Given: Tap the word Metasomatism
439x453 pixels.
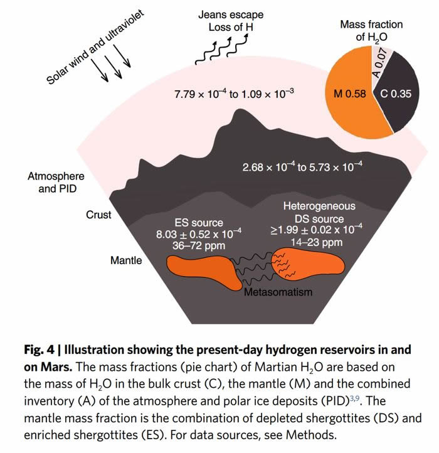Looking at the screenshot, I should (x=278, y=292).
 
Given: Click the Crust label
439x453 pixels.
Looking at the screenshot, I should (x=98, y=215).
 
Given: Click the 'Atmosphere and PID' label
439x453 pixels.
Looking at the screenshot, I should (x=56, y=183).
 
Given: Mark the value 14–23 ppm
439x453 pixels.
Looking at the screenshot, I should (x=319, y=242).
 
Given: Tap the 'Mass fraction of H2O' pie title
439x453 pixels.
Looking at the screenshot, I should (x=371, y=31).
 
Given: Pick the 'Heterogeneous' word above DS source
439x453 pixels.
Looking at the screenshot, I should (x=319, y=206).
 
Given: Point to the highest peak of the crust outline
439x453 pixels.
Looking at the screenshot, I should (x=238, y=112).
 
